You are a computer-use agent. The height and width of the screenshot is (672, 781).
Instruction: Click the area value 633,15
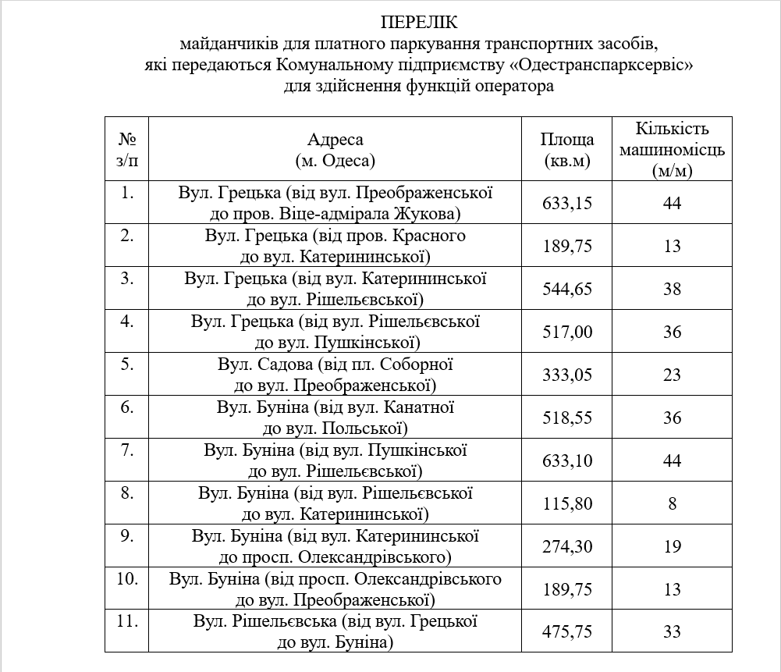point(567,204)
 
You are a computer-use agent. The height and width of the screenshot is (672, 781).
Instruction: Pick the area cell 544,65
point(567,290)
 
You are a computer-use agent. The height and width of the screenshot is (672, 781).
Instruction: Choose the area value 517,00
point(567,332)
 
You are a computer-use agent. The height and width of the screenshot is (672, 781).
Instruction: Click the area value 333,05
point(567,375)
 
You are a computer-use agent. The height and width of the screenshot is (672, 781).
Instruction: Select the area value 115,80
point(567,504)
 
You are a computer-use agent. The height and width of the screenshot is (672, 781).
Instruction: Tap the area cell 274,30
point(567,547)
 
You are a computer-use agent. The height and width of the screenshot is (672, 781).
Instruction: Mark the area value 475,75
point(567,632)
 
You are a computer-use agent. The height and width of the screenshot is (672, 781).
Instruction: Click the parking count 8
point(672,504)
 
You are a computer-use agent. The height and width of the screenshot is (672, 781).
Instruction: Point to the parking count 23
point(672,375)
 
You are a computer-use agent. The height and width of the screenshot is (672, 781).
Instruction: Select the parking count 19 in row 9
point(672,547)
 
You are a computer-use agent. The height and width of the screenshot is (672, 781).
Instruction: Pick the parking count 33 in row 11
point(672,632)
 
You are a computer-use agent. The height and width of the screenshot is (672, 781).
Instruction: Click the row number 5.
point(127,364)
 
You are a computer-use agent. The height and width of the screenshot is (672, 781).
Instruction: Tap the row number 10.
point(127,579)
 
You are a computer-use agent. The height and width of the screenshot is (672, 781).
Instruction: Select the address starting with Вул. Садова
point(335,375)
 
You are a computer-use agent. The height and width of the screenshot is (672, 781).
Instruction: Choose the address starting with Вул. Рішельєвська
point(335,632)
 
